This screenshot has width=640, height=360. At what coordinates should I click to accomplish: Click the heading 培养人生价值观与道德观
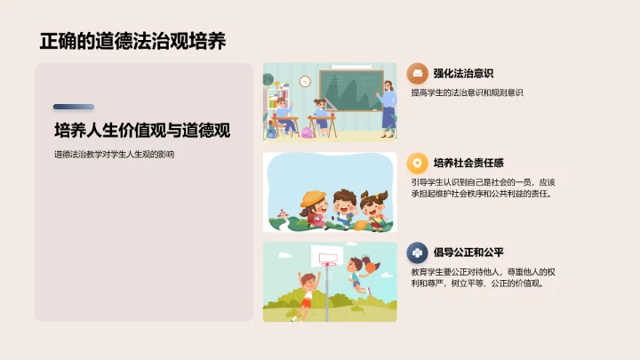(142, 131)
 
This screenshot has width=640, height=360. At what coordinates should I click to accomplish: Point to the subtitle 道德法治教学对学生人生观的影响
(114, 155)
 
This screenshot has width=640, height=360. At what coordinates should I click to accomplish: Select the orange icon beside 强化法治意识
(417, 74)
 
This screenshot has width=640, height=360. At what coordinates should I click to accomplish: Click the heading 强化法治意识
(463, 74)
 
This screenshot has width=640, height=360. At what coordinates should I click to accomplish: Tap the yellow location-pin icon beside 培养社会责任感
(417, 163)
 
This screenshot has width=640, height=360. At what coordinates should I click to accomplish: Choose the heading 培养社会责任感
(468, 163)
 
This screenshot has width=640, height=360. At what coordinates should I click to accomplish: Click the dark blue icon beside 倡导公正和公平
(417, 252)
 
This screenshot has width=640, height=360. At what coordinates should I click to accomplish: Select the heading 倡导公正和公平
(468, 252)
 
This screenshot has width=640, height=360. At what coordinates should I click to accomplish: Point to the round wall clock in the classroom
(305, 82)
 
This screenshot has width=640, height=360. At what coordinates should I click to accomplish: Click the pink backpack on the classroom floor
(307, 132)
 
